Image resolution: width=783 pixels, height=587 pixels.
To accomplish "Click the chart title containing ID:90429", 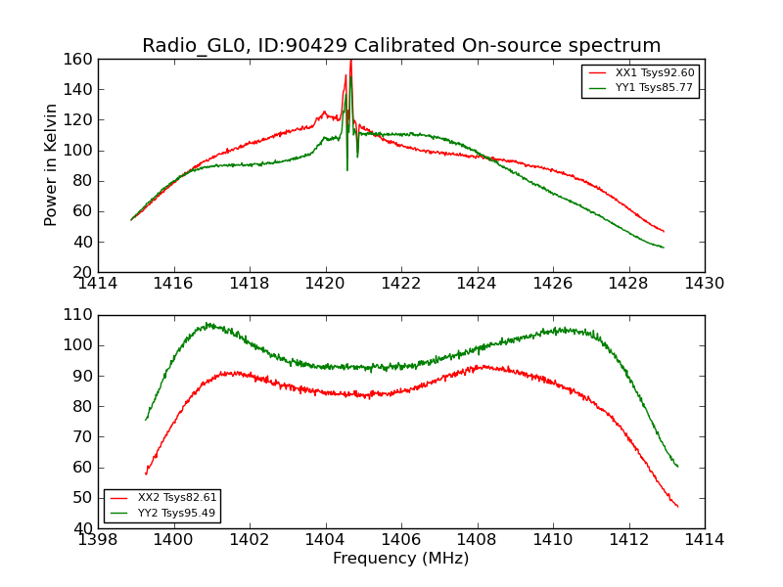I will point(401,46).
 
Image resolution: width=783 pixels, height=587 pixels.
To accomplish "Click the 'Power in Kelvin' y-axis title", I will point(51,165).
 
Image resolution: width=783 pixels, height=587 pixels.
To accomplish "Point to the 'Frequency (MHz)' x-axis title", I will point(401,559).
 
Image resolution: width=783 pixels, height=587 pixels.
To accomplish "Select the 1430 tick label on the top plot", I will point(704,284).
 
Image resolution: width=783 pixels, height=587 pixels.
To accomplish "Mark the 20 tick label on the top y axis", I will point(85,272).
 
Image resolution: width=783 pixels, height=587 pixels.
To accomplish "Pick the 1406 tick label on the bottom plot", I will point(401,539).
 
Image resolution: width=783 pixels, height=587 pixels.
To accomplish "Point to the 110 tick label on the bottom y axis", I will point(81,315).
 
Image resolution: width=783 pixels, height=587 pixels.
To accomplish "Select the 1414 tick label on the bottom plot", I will point(704,539).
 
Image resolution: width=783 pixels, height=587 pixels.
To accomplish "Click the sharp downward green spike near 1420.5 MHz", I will point(346,169).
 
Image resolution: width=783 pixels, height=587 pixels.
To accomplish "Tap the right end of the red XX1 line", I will point(664,231).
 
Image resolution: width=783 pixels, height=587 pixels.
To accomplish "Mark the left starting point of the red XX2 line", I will point(146,474).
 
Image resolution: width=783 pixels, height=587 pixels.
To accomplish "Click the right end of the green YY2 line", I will point(677,467).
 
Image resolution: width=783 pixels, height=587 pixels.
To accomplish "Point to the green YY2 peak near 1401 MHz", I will point(207,324).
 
